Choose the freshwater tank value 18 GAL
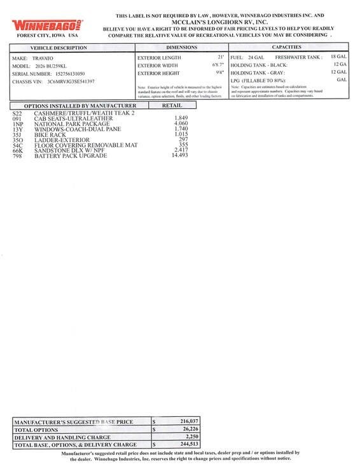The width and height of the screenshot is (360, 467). [x=338, y=57]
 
